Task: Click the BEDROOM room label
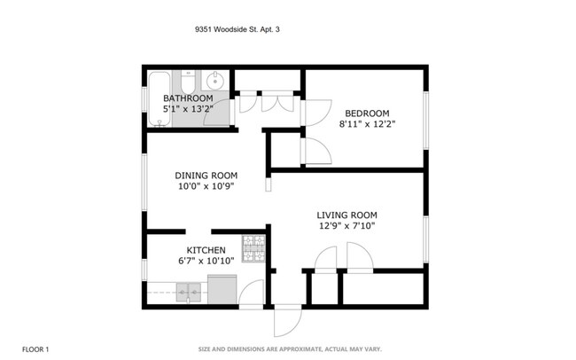click(x=366, y=113)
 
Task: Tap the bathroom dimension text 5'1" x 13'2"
click(x=187, y=108)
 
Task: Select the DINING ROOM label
click(x=206, y=175)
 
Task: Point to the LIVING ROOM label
click(x=347, y=215)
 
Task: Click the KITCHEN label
click(x=205, y=250)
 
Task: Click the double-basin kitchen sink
click(x=187, y=289)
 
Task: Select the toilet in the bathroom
click(x=188, y=82)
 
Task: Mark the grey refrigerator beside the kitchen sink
click(x=221, y=289)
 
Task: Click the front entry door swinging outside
click(x=287, y=320)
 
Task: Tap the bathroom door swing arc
click(x=222, y=113)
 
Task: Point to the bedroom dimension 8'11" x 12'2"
click(x=366, y=124)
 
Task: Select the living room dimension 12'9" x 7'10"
click(x=347, y=226)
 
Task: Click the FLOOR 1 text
click(x=35, y=349)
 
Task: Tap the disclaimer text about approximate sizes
click(x=289, y=349)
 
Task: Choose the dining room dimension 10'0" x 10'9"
click(x=206, y=186)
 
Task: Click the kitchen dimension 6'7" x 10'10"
click(x=205, y=262)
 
